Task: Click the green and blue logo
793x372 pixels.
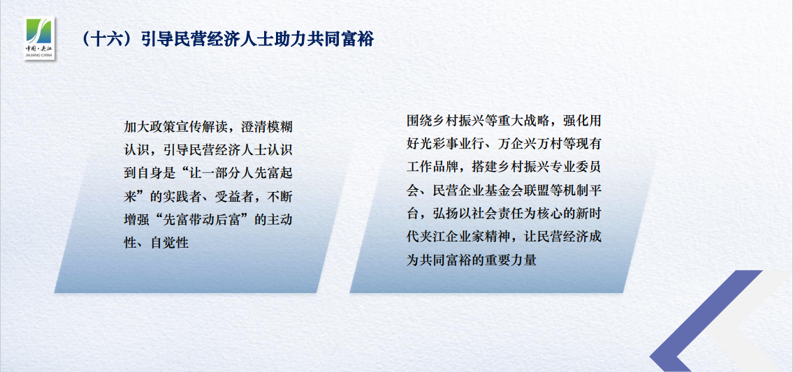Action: pos(39,38)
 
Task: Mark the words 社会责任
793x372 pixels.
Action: pos(475,214)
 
